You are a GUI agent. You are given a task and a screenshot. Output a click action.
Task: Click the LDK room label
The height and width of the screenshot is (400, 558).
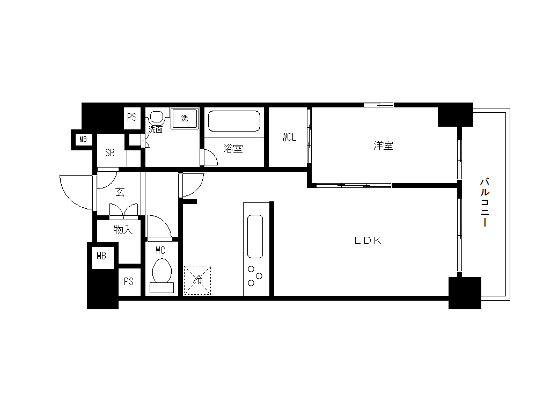(368, 241)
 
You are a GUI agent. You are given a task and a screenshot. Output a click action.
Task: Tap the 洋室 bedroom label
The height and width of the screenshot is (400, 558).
(383, 146)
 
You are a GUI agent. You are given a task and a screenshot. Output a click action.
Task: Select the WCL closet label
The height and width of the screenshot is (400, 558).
(289, 137)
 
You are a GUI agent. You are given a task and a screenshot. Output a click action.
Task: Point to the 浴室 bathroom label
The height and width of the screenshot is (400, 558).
(233, 149)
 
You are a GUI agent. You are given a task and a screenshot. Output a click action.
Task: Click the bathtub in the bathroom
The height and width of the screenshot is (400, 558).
(234, 121)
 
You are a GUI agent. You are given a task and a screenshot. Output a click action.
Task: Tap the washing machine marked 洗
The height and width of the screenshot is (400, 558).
(185, 118)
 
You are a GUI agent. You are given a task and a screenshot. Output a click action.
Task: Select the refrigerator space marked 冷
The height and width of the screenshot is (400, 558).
(197, 280)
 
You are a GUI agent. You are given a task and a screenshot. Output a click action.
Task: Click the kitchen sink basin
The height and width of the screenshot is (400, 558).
(255, 236)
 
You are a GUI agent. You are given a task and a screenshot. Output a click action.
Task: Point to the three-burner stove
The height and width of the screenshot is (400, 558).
(255, 275)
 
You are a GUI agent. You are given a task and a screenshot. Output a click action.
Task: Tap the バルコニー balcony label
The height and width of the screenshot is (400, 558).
(484, 202)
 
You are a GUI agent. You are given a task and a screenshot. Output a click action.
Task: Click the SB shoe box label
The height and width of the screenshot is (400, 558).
(110, 153)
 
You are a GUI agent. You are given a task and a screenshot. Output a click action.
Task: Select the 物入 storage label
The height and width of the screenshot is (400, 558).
(123, 230)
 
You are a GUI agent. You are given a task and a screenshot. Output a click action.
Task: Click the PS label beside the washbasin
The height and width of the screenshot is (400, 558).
(132, 117)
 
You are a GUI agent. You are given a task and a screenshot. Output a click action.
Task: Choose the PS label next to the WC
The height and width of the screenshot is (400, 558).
(128, 282)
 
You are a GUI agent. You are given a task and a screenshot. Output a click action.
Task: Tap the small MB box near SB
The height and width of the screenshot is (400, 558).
(83, 139)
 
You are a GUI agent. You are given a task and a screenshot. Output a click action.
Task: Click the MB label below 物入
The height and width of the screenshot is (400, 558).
(101, 256)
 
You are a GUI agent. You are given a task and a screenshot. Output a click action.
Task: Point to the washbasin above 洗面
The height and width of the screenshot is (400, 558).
(156, 117)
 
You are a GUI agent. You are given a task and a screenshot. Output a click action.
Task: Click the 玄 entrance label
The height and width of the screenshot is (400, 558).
(120, 192)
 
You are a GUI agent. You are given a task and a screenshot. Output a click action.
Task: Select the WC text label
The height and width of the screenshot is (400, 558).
(160, 250)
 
